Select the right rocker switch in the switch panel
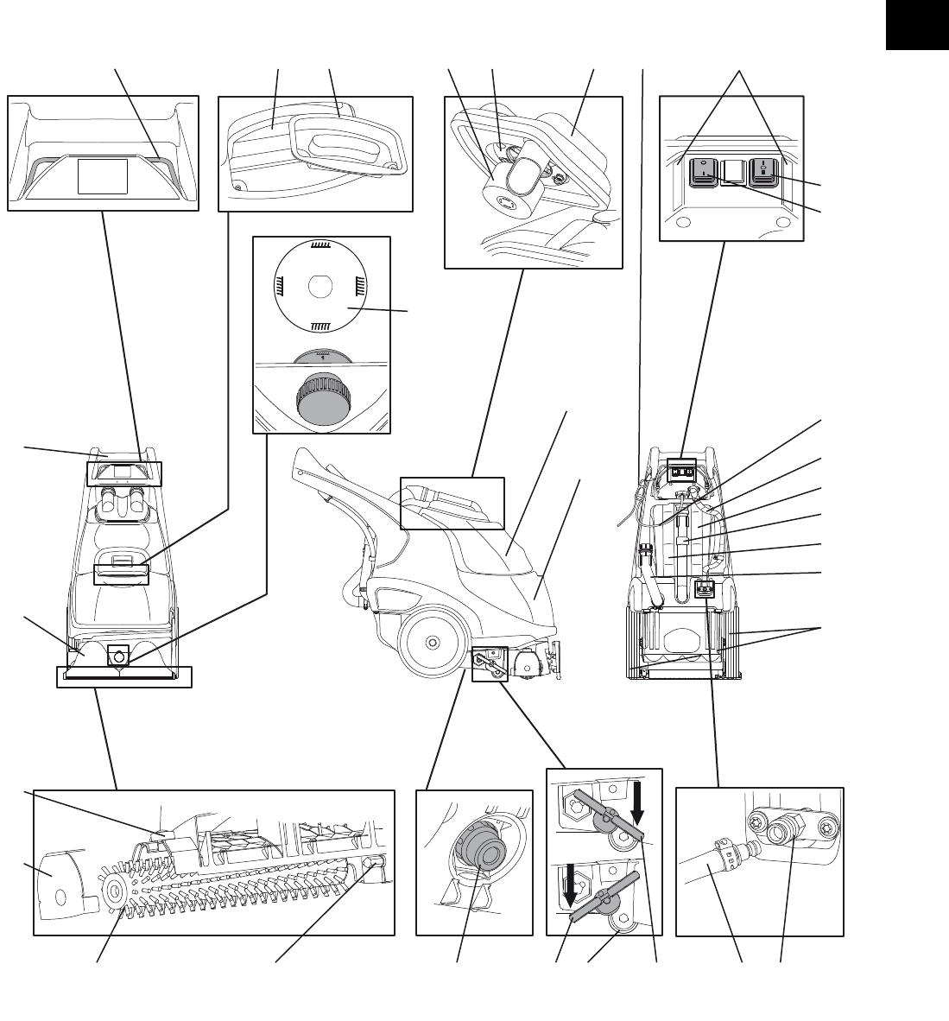click(764, 172)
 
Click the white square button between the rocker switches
click(732, 172)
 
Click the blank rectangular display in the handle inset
click(103, 175)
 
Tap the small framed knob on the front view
click(118, 657)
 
